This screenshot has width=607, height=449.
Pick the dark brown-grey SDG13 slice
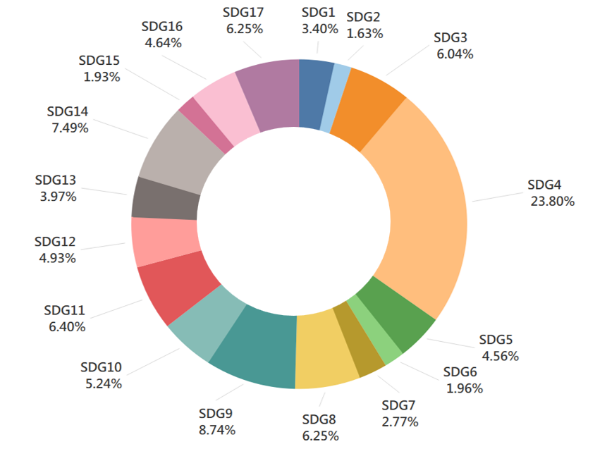point(164,198)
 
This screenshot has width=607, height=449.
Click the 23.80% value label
point(552,201)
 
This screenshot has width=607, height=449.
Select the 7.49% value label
point(68,128)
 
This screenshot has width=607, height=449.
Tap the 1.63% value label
point(365,33)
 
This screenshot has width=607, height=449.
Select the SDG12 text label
point(55,242)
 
